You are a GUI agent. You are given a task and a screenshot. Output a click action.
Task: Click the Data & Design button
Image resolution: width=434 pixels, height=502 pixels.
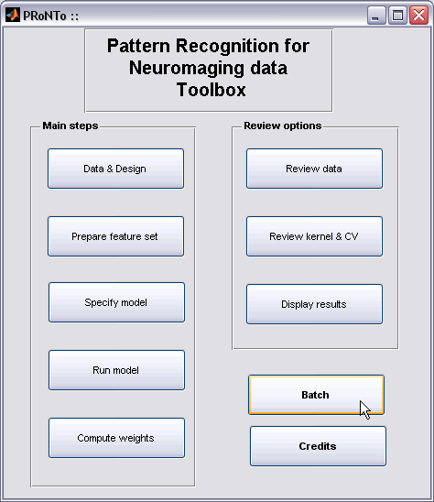tap(116, 169)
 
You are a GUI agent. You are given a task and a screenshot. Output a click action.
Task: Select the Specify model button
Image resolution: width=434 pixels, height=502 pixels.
tap(116, 302)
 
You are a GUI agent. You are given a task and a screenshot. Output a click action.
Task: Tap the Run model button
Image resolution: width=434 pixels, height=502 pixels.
tap(116, 370)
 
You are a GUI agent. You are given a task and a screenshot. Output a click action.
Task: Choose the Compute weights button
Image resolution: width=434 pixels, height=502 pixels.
tap(116, 438)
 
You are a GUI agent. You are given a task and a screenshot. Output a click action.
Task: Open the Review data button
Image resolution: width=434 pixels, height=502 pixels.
tap(314, 169)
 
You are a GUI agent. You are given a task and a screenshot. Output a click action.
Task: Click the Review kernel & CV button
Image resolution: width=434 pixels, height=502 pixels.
tap(314, 236)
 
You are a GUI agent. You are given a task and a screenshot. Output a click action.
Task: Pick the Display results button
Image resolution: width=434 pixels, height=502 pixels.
tap(314, 304)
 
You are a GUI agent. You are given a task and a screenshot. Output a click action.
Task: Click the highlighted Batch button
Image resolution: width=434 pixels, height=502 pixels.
tap(316, 395)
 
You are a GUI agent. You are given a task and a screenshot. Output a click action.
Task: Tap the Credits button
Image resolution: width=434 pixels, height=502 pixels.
tap(318, 446)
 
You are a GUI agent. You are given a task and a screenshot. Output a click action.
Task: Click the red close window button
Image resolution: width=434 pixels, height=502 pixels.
tap(419, 15)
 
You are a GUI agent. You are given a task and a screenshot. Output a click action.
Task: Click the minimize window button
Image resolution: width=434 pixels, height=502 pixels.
tap(376, 15)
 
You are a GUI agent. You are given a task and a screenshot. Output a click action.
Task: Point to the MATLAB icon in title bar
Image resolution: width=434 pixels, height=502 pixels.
tap(13, 15)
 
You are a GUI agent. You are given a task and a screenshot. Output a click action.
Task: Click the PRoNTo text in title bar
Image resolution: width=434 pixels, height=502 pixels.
tap(45, 16)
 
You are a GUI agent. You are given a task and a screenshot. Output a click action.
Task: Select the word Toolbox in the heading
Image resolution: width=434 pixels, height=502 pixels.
tap(212, 90)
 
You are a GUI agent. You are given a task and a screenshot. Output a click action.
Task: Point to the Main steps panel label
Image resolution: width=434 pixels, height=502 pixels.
tap(71, 125)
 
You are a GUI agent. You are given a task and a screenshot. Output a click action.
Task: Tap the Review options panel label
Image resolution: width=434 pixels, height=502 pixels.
tap(283, 125)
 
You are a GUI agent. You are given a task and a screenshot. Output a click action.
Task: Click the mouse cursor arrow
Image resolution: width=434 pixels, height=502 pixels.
tap(364, 409)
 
